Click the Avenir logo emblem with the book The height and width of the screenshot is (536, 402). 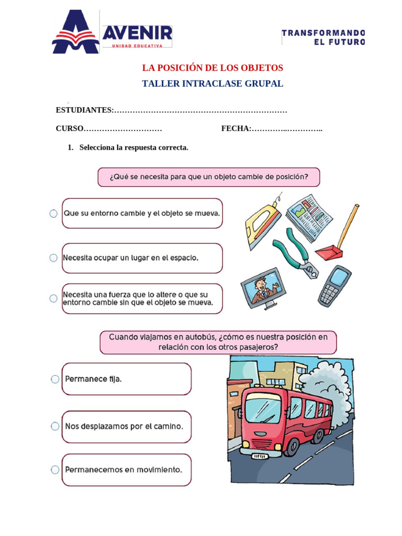(75, 32)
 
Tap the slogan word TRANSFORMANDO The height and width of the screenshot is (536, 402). (323, 32)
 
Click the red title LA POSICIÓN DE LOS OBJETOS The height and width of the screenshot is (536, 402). (213, 68)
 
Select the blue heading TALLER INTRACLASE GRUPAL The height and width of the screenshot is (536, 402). (213, 84)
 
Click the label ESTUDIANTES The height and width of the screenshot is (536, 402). (84, 110)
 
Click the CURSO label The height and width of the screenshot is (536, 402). (70, 128)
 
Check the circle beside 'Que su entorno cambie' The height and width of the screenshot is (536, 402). (53, 214)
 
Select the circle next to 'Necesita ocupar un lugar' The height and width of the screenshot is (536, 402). (53, 258)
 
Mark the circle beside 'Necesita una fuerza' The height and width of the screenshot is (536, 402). (53, 298)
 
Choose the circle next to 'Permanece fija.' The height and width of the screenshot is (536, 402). (55, 379)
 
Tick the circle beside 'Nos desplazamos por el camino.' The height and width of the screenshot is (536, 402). (55, 427)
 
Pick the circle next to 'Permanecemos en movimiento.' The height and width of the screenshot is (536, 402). (55, 470)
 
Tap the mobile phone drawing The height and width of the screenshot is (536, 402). (334, 286)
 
